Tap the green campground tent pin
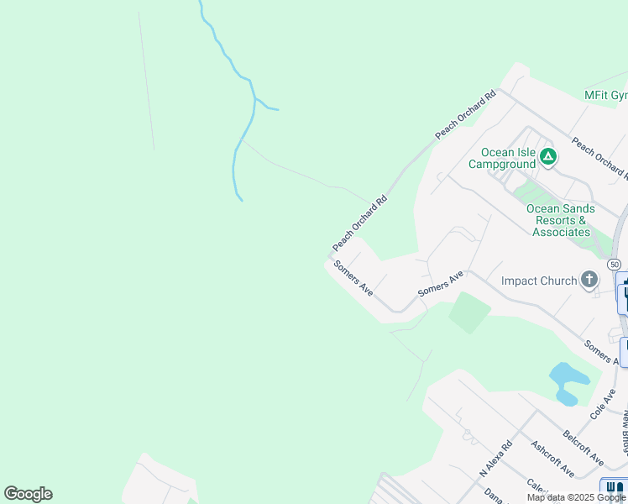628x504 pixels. pyautogui.click(x=548, y=156)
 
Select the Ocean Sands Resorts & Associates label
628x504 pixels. pyautogui.click(x=560, y=220)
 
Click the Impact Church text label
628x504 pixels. pyautogui.click(x=538, y=281)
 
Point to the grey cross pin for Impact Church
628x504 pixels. pyautogui.click(x=589, y=280)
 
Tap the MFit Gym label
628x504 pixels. pyautogui.click(x=606, y=96)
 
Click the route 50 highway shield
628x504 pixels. pyautogui.click(x=615, y=264)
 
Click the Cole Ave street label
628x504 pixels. pyautogui.click(x=602, y=404)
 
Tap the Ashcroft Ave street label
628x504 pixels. pyautogui.click(x=552, y=457)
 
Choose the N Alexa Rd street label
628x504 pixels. pyautogui.click(x=495, y=459)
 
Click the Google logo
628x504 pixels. pyautogui.click(x=28, y=494)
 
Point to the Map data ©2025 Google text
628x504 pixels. pyautogui.click(x=576, y=497)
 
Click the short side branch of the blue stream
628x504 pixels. pyautogui.click(x=268, y=106)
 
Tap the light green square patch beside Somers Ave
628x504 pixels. pyautogui.click(x=469, y=312)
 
